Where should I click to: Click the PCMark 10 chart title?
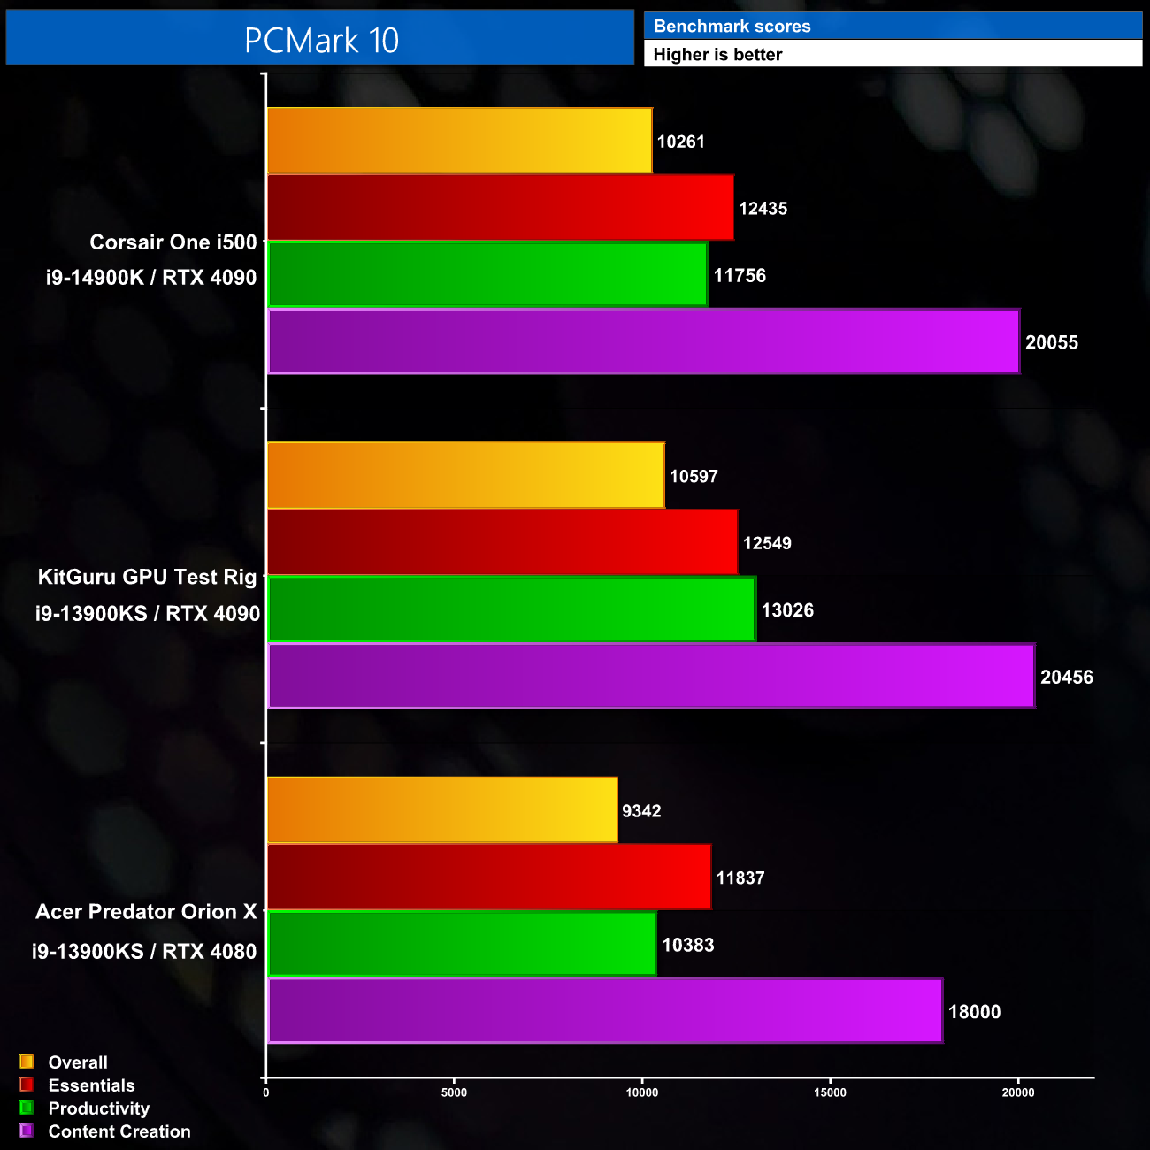coord(321,40)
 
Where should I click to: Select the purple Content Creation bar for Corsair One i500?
coord(643,341)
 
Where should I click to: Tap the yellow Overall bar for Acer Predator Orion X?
coord(441,810)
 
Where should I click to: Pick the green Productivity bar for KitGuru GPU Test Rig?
coord(510,609)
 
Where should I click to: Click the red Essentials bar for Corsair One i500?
coord(500,208)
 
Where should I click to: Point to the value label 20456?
coord(1066,678)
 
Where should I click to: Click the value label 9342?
coord(641,811)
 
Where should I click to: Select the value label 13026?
coord(787,610)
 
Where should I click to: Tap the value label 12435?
coord(763,209)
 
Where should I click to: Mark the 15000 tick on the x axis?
coord(830,1092)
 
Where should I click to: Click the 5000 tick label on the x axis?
coord(454,1092)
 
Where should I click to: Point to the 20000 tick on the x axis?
coord(1018,1092)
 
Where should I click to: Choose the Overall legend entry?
coord(78,1062)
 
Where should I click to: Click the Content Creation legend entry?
coord(119,1131)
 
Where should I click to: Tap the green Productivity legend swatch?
coord(27,1108)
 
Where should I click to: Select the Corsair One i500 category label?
coord(173,242)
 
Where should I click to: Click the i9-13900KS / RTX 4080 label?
coord(144,952)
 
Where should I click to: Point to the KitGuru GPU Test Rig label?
coord(147,578)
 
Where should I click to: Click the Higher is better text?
coord(717,55)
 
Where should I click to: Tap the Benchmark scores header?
coord(732,27)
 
